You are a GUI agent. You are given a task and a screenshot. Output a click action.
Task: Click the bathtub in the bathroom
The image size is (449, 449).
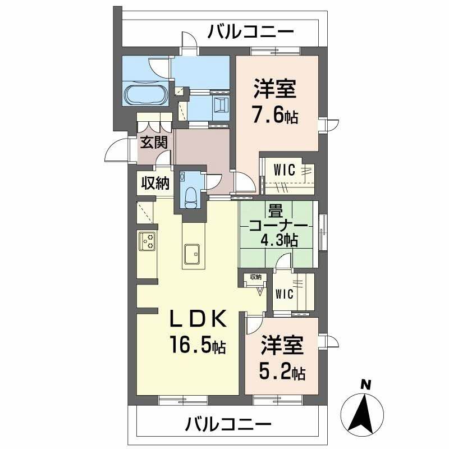point(144,94)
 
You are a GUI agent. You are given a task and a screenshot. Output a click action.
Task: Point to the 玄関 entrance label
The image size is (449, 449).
point(153,142)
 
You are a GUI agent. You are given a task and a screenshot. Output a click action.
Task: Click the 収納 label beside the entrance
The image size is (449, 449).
point(154,184)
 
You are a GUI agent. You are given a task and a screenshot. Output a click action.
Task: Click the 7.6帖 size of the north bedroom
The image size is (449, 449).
point(274,117)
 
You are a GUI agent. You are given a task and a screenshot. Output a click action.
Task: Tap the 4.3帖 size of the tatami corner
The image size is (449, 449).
point(278,240)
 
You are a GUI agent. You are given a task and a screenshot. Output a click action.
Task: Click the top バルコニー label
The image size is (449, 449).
point(250,31)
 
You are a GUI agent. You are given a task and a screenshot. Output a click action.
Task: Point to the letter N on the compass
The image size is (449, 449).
point(365,385)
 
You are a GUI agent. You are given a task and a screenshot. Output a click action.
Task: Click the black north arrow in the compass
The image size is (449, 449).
point(365,413)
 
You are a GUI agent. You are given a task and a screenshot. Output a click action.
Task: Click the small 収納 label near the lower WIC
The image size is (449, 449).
point(255,277)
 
